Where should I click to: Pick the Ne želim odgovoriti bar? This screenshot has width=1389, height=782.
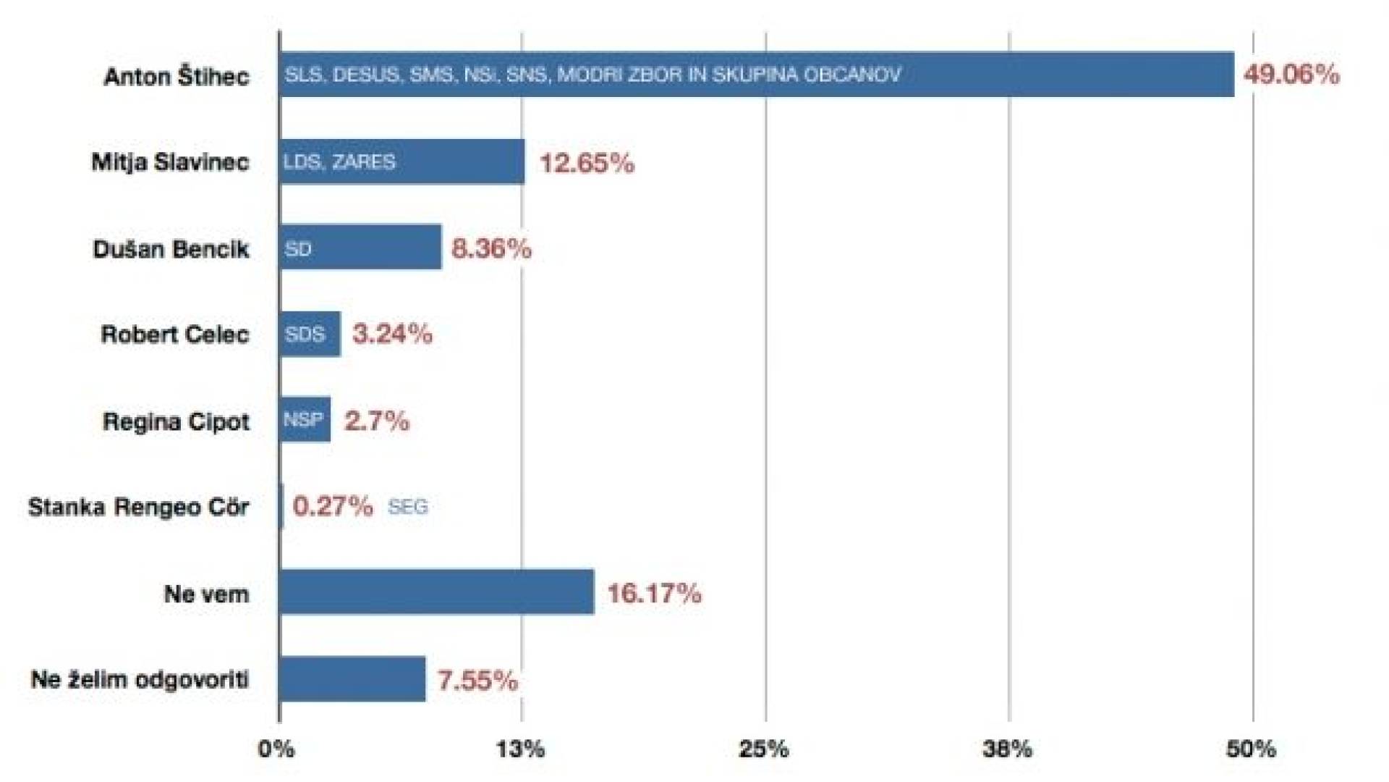click(x=352, y=679)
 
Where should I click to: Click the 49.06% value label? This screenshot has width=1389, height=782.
click(x=1291, y=75)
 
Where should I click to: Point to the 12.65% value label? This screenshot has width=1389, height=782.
click(x=587, y=163)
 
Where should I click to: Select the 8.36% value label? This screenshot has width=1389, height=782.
click(x=491, y=248)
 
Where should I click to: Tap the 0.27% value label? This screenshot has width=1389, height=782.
click(x=333, y=506)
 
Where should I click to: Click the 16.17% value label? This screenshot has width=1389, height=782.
click(x=654, y=594)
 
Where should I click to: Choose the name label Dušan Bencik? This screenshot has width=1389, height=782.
click(x=171, y=249)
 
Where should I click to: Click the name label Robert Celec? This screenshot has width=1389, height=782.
click(x=175, y=335)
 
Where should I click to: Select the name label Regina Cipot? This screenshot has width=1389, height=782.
click(x=176, y=421)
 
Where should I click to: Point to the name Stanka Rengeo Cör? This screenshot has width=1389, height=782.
click(x=139, y=507)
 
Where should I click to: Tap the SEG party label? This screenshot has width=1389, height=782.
click(x=408, y=507)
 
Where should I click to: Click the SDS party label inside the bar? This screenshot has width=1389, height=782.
click(x=305, y=335)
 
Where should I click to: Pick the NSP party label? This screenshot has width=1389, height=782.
click(x=303, y=420)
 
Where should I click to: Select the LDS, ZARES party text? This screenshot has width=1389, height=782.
click(x=339, y=161)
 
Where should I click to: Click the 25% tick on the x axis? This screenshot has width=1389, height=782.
click(x=764, y=749)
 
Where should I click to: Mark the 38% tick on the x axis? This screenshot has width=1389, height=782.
click(x=1008, y=749)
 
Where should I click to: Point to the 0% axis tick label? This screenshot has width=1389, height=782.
click(x=276, y=749)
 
